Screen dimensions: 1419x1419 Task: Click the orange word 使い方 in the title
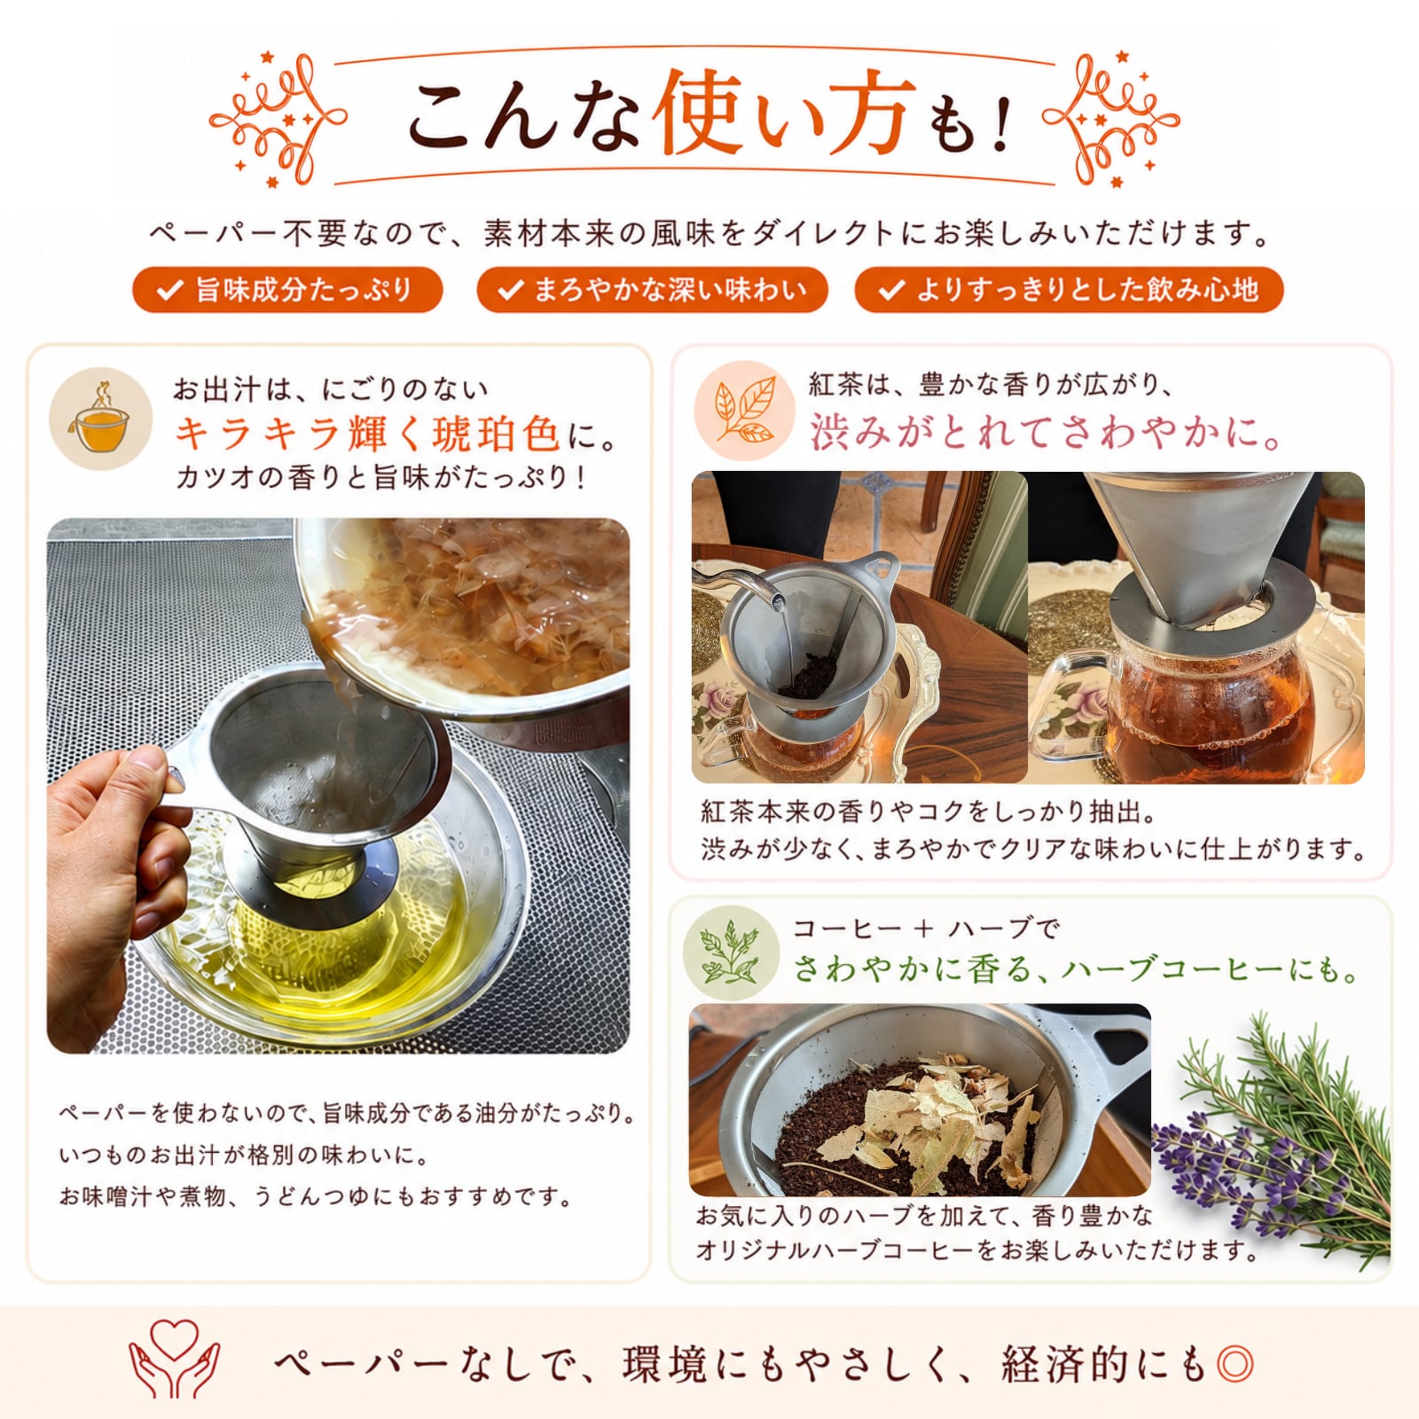coord(784,114)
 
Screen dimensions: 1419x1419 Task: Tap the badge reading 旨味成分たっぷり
coord(287,290)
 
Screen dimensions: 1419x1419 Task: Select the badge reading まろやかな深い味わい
coord(652,290)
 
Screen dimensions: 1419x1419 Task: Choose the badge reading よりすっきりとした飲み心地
coord(1069,290)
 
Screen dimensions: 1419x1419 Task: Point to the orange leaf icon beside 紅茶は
coord(744,411)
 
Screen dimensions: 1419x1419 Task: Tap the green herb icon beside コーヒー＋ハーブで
coord(731,953)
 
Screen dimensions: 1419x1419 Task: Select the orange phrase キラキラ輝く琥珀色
coord(367,434)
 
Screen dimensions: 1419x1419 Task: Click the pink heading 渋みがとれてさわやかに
coord(1047,433)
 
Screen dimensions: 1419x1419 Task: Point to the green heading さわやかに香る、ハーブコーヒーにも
coord(1076,968)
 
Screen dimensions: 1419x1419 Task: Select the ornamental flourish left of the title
coord(277,120)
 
